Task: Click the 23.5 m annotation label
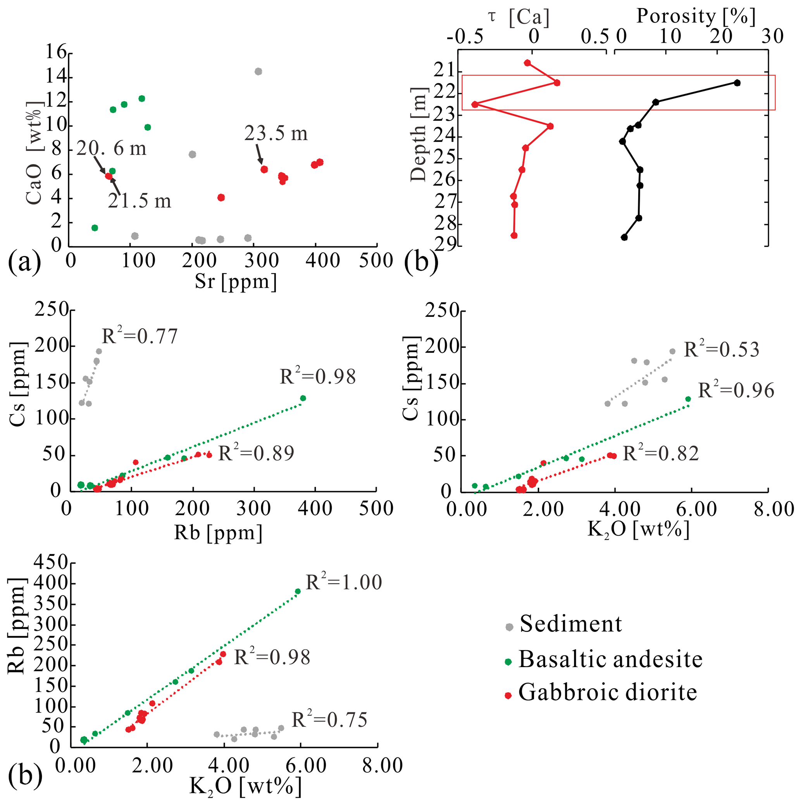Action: pyautogui.click(x=276, y=134)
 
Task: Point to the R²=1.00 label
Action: pyautogui.click(x=344, y=582)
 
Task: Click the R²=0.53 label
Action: pyautogui.click(x=722, y=349)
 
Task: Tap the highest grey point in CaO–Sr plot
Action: pyautogui.click(x=258, y=71)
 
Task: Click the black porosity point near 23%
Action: pyautogui.click(x=737, y=83)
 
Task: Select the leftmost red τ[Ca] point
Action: pyautogui.click(x=475, y=104)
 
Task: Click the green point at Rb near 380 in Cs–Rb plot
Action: pyautogui.click(x=303, y=398)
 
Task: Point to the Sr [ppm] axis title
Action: pyautogui.click(x=236, y=281)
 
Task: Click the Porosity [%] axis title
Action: pyautogui.click(x=696, y=17)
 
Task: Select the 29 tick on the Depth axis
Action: pyautogui.click(x=444, y=244)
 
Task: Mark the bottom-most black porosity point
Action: pyautogui.click(x=624, y=237)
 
